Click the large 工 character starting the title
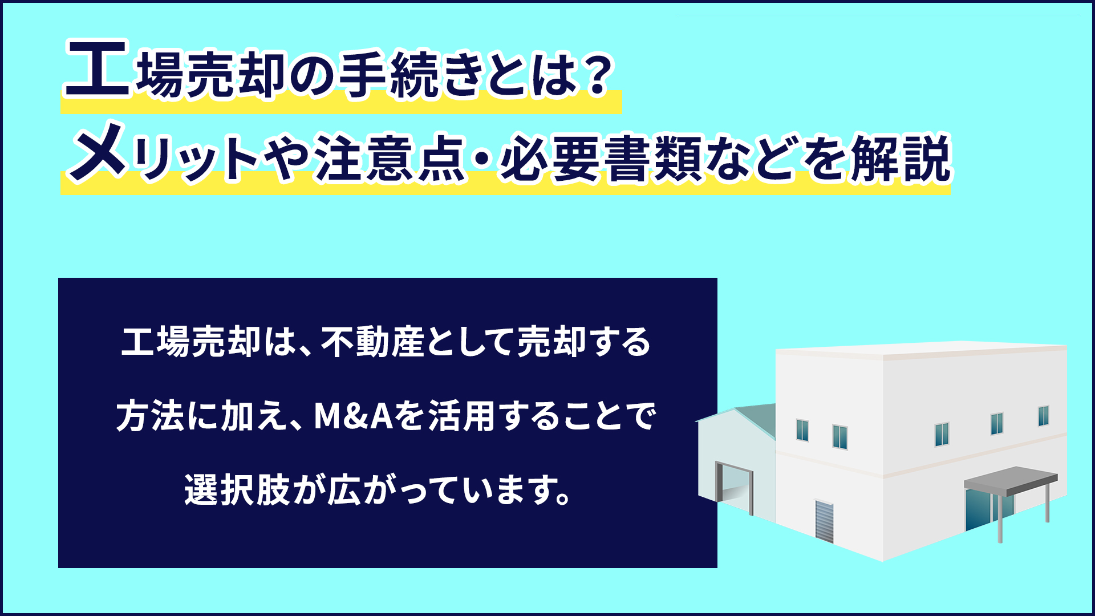(x=98, y=68)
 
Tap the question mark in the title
(x=598, y=75)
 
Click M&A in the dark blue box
(x=354, y=416)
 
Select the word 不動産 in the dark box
(x=373, y=342)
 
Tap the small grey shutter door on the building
(x=824, y=521)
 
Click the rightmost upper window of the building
(x=1043, y=416)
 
